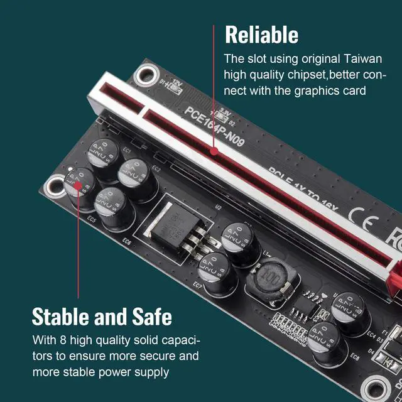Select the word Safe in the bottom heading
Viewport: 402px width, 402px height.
click(x=148, y=315)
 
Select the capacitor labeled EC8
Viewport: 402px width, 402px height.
click(x=326, y=342)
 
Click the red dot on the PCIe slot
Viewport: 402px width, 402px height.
click(x=215, y=151)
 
